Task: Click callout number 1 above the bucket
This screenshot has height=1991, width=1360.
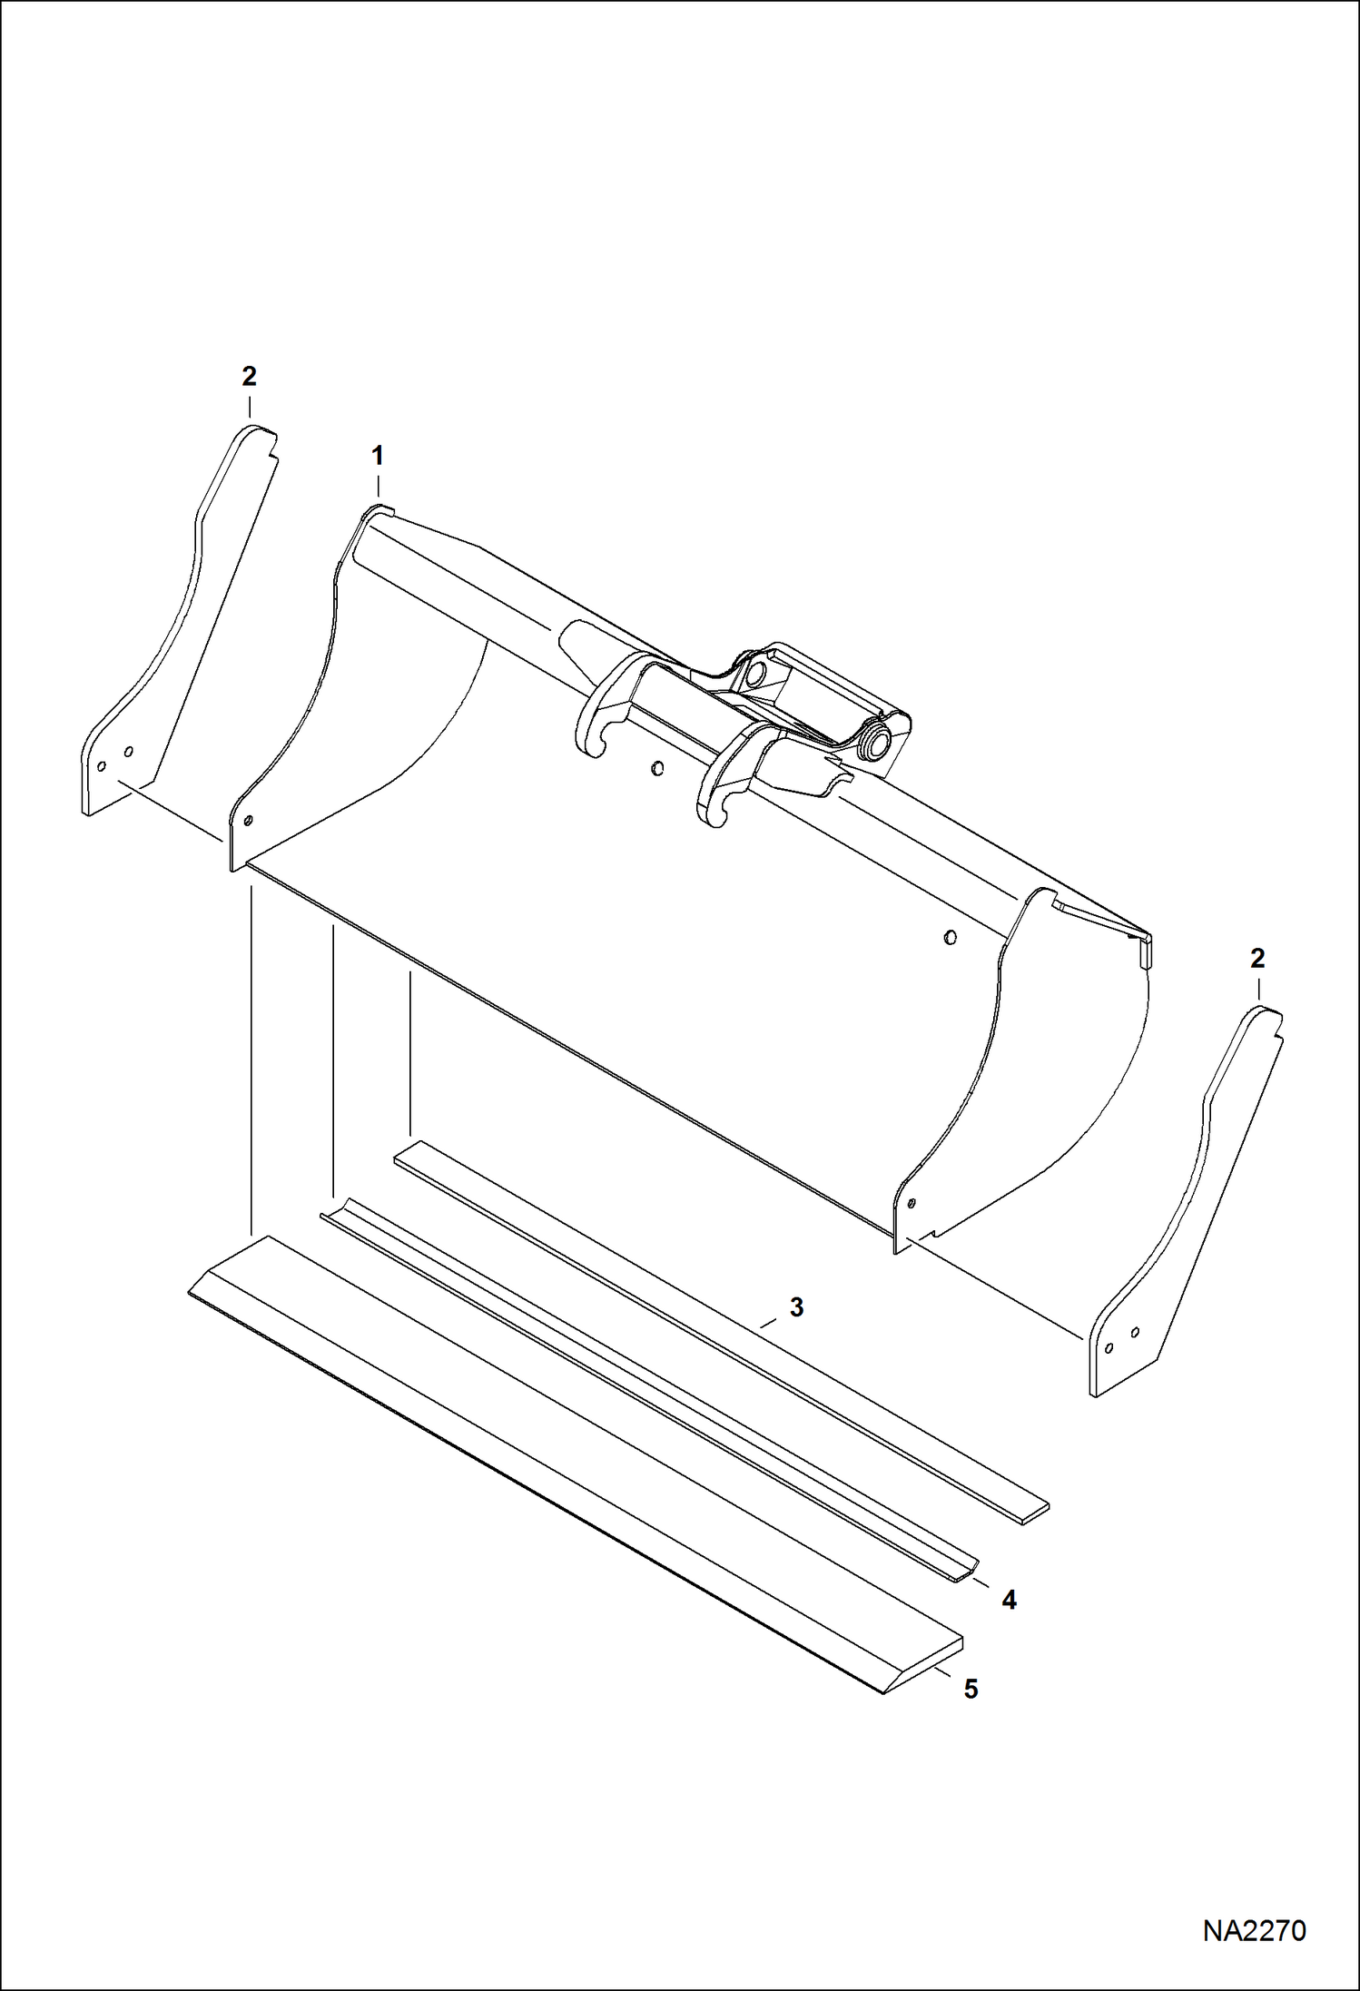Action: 377,456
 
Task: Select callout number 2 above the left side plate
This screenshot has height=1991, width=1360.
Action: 249,376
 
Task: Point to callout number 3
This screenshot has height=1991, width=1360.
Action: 796,1308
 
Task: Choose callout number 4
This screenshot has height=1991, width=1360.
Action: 1009,1601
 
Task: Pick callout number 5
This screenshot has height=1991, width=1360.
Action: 971,1690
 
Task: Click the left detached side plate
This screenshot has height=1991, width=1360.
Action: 172,636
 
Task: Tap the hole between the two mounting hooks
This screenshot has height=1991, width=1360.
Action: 657,769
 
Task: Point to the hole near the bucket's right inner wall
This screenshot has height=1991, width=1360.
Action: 950,937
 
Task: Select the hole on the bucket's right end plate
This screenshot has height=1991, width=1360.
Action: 911,1205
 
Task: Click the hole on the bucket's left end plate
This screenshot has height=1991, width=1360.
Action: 247,822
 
